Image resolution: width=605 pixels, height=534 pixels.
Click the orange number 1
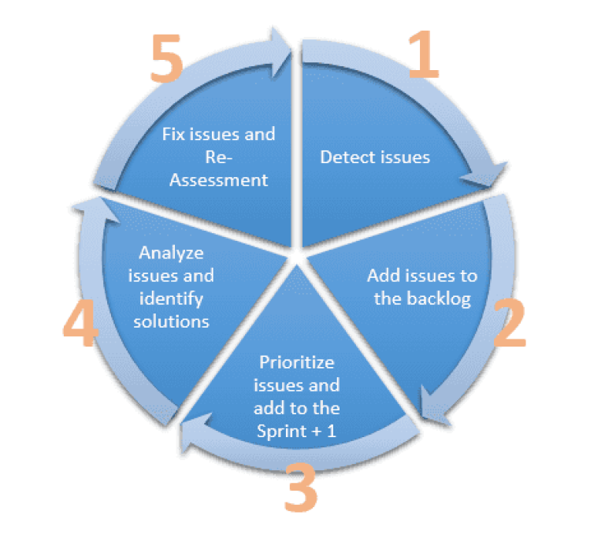[424, 54]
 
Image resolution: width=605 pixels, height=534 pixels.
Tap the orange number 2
[510, 323]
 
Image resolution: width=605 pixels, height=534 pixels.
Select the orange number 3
[301, 487]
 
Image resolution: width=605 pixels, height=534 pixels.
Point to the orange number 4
[80, 323]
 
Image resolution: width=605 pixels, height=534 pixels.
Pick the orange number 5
[166, 58]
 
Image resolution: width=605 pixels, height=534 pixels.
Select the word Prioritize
[297, 362]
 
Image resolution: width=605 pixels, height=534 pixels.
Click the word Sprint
[282, 432]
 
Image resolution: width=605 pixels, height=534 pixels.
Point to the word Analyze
[171, 253]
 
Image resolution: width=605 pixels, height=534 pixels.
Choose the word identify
[171, 299]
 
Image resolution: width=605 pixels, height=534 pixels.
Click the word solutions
[171, 321]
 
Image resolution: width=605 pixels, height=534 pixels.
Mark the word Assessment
[218, 180]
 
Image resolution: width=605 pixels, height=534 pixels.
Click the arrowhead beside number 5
[280, 52]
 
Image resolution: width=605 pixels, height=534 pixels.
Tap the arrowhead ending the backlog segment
[433, 406]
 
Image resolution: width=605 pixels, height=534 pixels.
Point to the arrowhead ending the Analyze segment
[95, 210]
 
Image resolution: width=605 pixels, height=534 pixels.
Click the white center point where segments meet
[296, 256]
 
